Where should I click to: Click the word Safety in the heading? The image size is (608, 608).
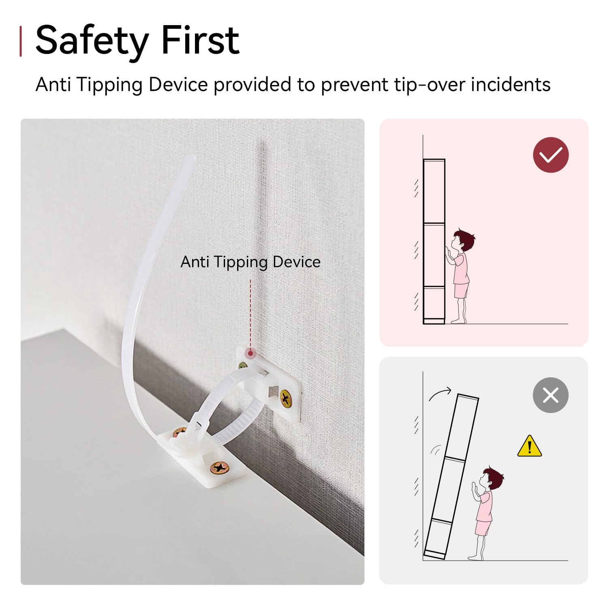coord(92,41)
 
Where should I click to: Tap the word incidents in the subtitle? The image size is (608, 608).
coord(510,85)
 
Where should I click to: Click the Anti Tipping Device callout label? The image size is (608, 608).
coord(250,262)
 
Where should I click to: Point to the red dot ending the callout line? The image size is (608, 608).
coord(251,353)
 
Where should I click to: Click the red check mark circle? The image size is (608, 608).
coord(551,155)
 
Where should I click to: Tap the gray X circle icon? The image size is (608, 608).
coord(551,395)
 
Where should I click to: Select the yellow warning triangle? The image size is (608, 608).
coord(529,446)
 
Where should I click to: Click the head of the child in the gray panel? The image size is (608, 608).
coord(492,479)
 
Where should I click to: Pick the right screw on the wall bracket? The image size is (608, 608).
coord(286,398)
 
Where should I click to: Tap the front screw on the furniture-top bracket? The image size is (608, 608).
coord(220,469)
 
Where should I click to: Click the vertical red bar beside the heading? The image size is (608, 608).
coord(21,41)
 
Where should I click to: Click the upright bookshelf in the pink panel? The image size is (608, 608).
coord(434,242)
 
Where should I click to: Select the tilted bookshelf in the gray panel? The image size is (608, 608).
coord(451,476)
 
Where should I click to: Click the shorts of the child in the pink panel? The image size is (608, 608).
coord(461,291)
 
